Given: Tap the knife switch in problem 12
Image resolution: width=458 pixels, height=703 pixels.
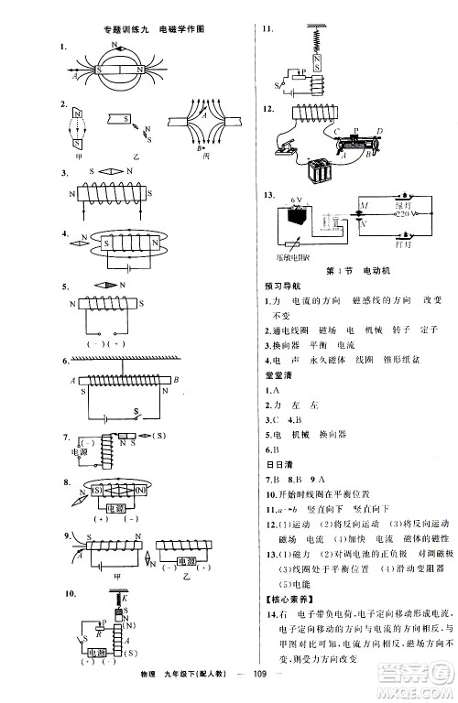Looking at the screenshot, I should (x=284, y=146).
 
